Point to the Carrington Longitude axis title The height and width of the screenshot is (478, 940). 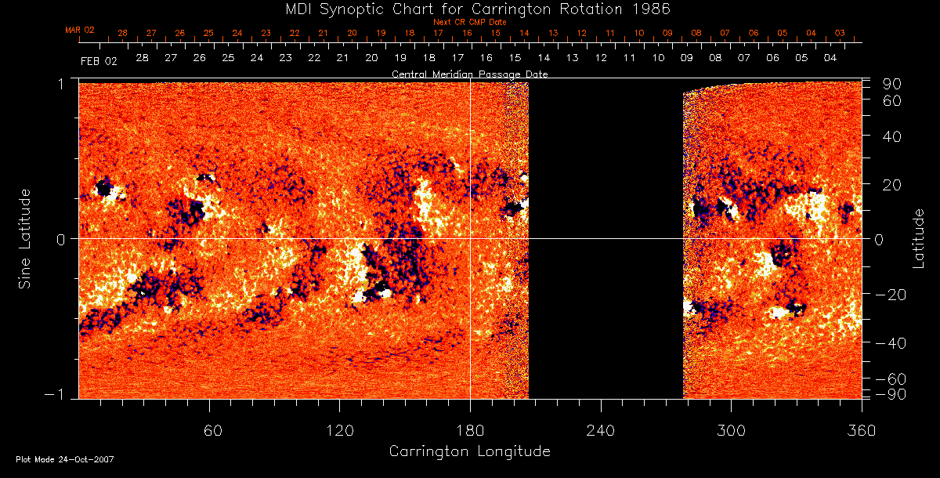pos(469,451)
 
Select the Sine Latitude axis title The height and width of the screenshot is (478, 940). pos(24,238)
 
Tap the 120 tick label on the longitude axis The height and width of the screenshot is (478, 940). pos(339,431)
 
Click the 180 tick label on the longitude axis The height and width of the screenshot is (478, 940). pos(470,431)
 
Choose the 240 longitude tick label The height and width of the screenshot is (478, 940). pos(600,431)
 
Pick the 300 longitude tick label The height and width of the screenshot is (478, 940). pos(731,431)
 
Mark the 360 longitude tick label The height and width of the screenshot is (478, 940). pos(861,431)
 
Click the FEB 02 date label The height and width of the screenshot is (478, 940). pos(98,60)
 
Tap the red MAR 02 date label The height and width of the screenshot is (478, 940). pos(79,31)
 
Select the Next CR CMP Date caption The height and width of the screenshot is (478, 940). pos(469,22)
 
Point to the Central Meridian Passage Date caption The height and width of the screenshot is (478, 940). pos(469,74)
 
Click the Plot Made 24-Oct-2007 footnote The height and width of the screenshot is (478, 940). pos(65,459)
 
